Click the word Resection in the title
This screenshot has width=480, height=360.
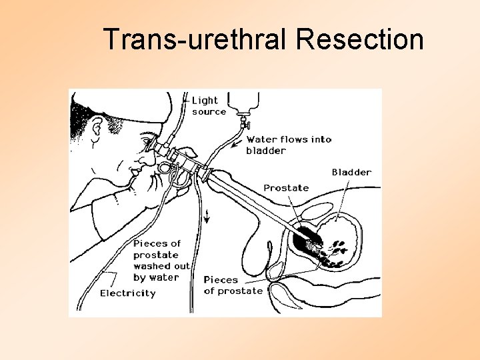click(x=360, y=39)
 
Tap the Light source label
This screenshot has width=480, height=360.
click(x=209, y=106)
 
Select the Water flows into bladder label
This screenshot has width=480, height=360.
click(x=288, y=145)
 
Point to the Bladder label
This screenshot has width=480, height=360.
click(x=351, y=172)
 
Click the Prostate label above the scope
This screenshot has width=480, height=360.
click(x=285, y=188)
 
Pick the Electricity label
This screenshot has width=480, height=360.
click(x=127, y=293)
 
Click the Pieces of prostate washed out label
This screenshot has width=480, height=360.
click(x=161, y=260)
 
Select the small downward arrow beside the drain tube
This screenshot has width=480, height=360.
click(x=207, y=214)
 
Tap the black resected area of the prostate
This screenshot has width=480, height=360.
click(x=308, y=234)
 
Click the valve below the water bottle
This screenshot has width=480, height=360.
click(x=245, y=123)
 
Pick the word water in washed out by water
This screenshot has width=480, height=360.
click(x=165, y=277)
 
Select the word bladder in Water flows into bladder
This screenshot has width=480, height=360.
click(x=266, y=151)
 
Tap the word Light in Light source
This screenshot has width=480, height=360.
click(x=205, y=101)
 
